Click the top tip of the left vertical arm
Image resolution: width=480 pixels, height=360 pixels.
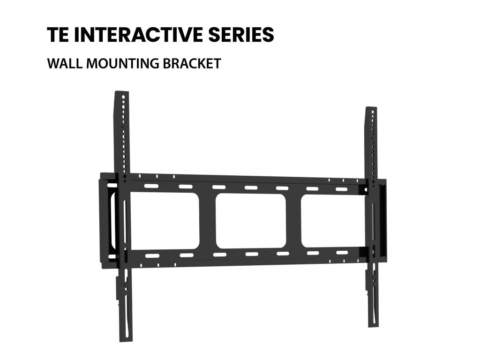121,91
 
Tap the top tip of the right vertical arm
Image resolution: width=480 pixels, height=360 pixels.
371,109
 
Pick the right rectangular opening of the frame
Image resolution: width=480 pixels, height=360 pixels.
333,220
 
